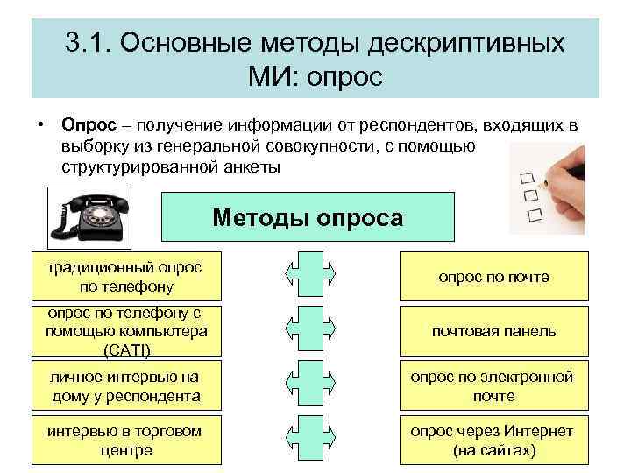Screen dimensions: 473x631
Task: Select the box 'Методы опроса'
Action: tap(308, 217)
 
